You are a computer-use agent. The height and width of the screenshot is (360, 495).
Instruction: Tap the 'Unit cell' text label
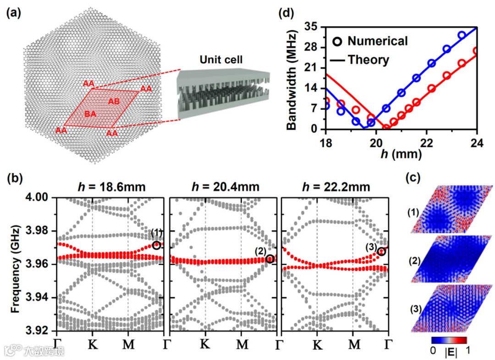(220, 60)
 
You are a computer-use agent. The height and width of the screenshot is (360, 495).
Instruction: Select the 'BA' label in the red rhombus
(91, 113)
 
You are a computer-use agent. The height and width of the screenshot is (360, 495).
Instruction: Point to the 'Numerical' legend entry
(377, 41)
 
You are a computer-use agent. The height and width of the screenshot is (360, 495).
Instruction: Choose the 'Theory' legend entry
(368, 60)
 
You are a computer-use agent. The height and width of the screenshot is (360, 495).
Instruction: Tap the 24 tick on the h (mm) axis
(477, 142)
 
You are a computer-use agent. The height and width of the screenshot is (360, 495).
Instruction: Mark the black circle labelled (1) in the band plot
(157, 245)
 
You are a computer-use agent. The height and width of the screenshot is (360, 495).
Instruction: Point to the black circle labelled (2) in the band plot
(270, 259)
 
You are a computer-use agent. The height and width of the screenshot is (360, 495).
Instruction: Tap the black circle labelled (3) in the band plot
(381, 251)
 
